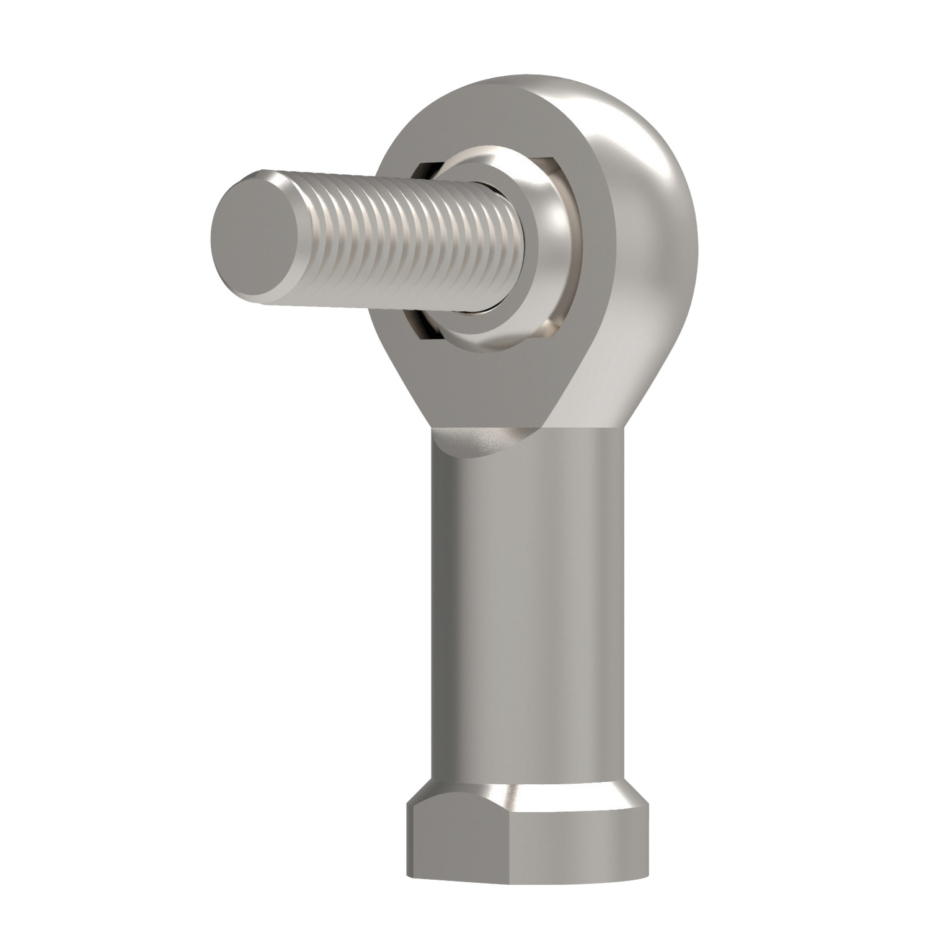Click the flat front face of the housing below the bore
[490, 384]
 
